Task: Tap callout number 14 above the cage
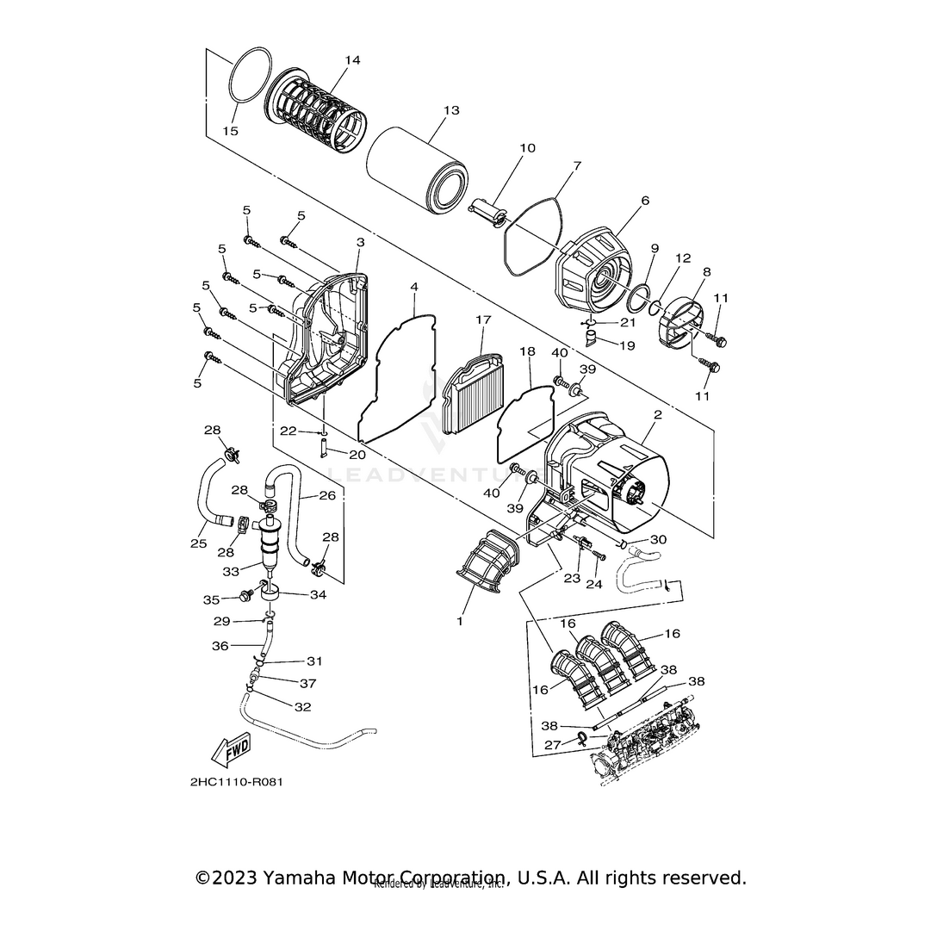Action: [352, 60]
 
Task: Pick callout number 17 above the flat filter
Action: [483, 320]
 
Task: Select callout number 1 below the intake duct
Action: [459, 621]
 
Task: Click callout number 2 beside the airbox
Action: [657, 414]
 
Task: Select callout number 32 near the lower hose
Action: [302, 707]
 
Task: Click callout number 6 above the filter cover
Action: [645, 201]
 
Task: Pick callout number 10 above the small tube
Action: [527, 148]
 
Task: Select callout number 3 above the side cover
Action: [360, 243]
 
